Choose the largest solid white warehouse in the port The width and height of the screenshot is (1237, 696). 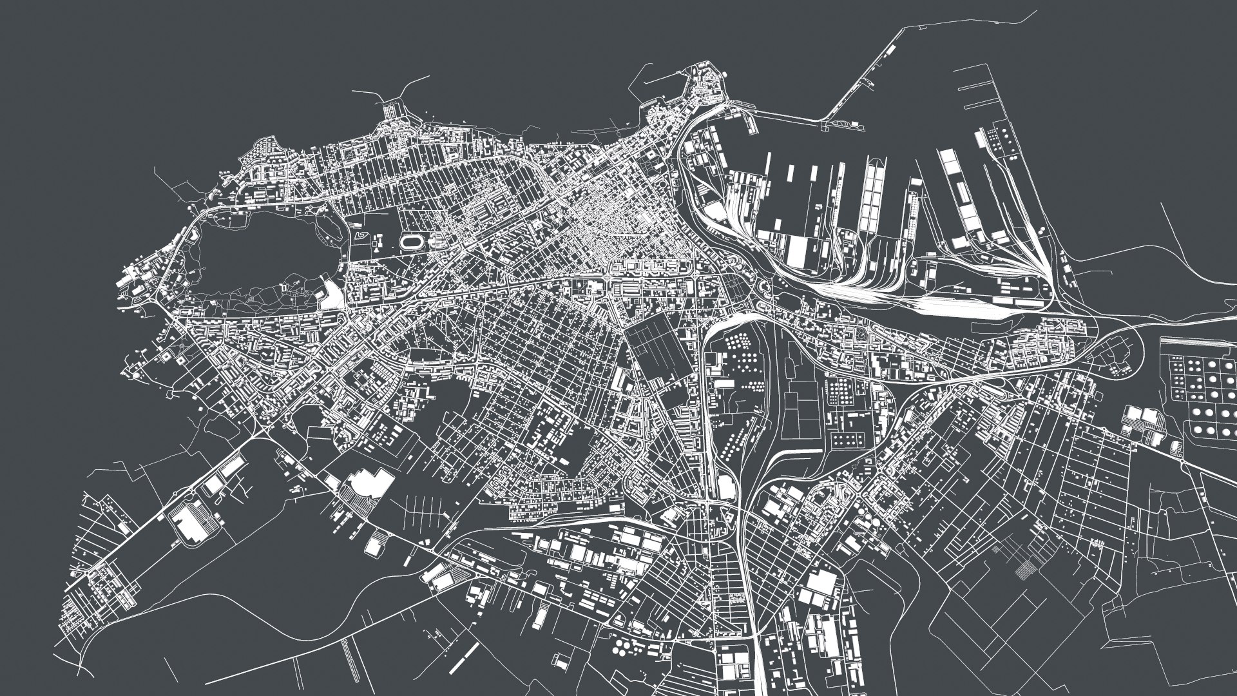pyautogui.click(x=796, y=251)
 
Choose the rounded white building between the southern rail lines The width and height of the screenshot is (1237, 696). pyautogui.click(x=727, y=487)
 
